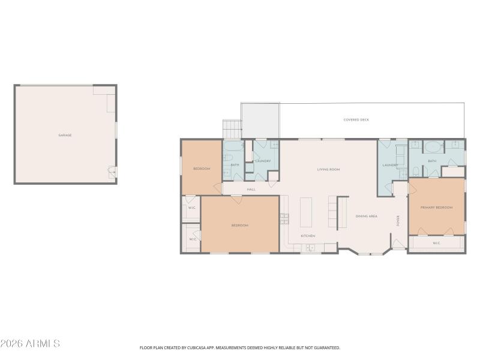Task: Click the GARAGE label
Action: (65, 136)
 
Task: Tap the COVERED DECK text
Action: (356, 120)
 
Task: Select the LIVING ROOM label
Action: (328, 170)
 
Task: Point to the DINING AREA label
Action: (366, 216)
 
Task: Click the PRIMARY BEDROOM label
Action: (436, 208)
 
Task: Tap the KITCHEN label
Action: (308, 236)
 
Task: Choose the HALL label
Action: (251, 190)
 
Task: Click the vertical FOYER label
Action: (398, 220)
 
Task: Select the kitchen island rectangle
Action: (306, 212)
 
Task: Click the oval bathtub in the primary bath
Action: (433, 146)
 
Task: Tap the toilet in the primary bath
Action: (415, 172)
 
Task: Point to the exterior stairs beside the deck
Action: (232, 128)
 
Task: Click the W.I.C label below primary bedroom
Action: (436, 243)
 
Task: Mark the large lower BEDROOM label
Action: (239, 225)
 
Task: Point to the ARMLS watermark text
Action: (30, 344)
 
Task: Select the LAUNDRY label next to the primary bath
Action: (390, 165)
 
